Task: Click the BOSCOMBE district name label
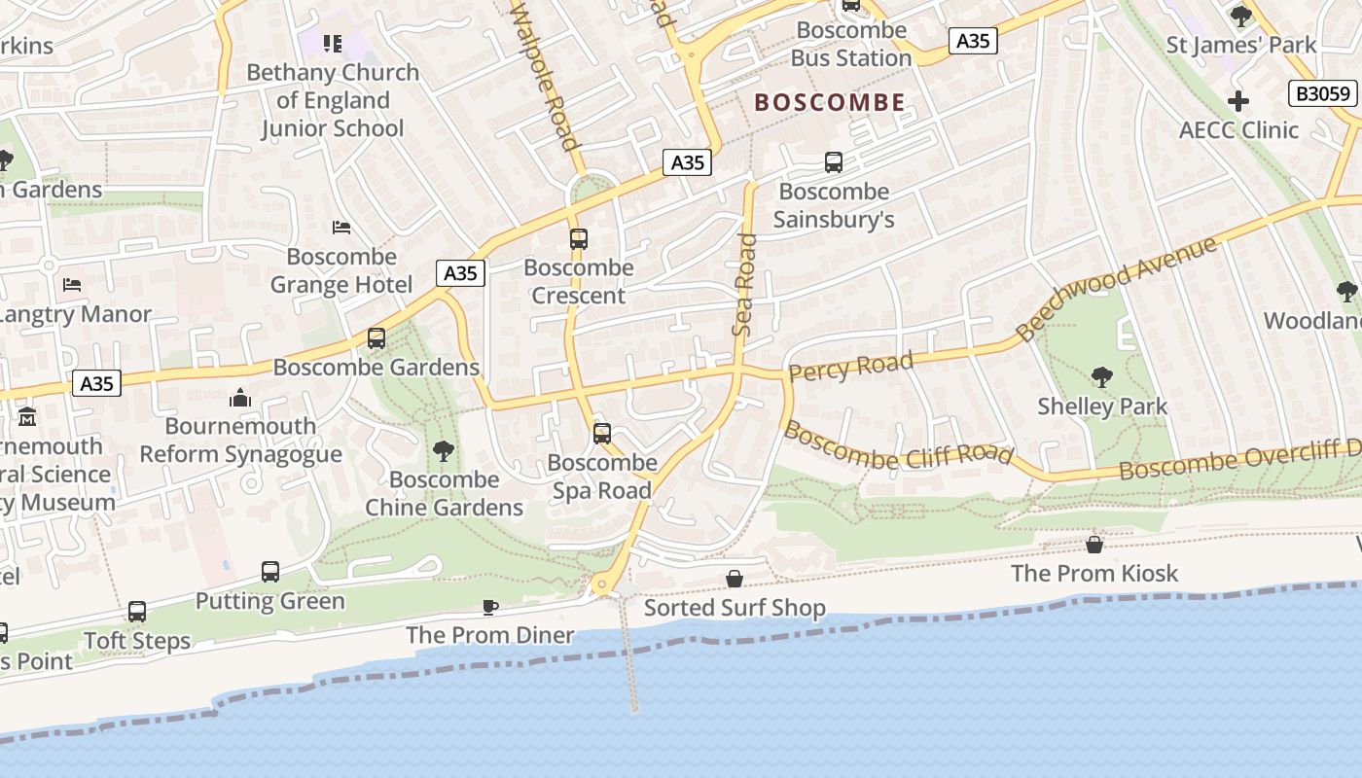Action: (x=830, y=102)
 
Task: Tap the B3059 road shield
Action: (x=1323, y=93)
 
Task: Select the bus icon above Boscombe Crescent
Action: (x=579, y=238)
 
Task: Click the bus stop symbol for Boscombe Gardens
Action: (x=376, y=338)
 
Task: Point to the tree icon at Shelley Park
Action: (x=1102, y=376)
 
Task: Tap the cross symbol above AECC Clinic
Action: (x=1238, y=100)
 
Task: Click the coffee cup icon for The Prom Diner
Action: (x=490, y=607)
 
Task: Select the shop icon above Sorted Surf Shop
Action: (x=735, y=579)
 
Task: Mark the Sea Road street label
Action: (x=744, y=284)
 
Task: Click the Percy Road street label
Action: (x=851, y=367)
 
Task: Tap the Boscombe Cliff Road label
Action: (x=898, y=444)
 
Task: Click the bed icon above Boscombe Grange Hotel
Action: (x=341, y=228)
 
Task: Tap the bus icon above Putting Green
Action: (x=270, y=572)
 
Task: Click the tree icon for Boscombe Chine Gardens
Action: (x=444, y=450)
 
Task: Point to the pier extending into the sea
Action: (x=629, y=656)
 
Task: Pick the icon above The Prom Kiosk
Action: (x=1094, y=545)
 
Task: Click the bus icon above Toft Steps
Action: (x=137, y=612)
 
